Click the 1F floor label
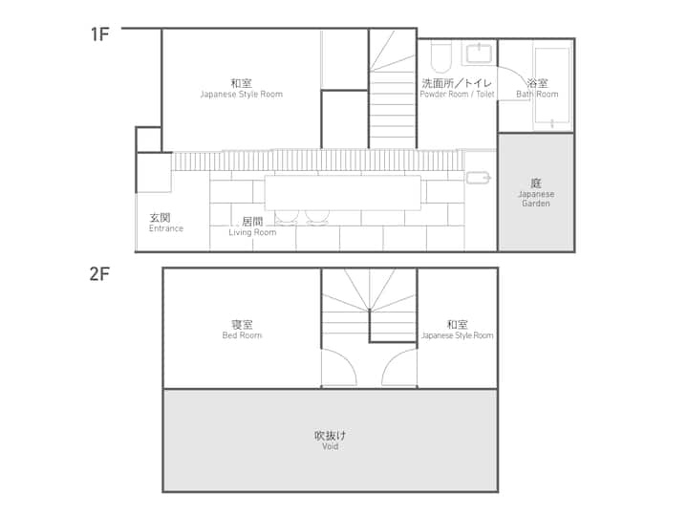click(x=99, y=34)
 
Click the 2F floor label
click(x=99, y=274)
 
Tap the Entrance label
click(x=165, y=223)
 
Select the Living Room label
click(x=252, y=226)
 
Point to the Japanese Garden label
click(x=536, y=192)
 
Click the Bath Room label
click(x=537, y=88)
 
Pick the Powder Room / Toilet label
click(x=457, y=88)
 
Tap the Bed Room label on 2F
click(x=242, y=330)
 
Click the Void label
click(x=330, y=441)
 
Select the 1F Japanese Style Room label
click(x=242, y=88)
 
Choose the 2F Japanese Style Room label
click(x=457, y=330)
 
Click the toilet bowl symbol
click(x=441, y=57)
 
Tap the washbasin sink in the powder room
click(x=479, y=54)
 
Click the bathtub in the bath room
click(x=552, y=86)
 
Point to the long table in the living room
click(x=343, y=193)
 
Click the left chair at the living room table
click(x=287, y=217)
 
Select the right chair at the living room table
click(x=317, y=217)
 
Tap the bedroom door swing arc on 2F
click(x=347, y=359)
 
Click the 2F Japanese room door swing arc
click(x=393, y=359)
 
